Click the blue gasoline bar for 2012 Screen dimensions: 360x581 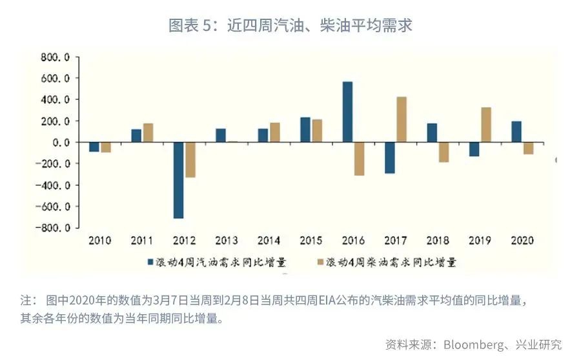click(178, 180)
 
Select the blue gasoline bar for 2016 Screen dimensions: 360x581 click(347, 112)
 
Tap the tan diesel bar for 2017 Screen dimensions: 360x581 click(402, 119)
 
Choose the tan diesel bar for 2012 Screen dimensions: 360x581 click(190, 159)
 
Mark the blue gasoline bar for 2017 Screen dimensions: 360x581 click(389, 157)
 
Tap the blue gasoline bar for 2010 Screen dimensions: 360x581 click(94, 146)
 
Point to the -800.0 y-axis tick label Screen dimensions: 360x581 click(52, 228)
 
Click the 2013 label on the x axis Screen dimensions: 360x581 click(226, 241)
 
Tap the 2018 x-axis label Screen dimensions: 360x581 click(437, 241)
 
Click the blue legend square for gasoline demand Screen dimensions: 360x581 click(150, 262)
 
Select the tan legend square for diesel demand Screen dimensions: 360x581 click(321, 262)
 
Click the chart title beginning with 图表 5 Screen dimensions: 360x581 click(290, 26)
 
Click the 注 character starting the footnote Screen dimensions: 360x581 click(26, 301)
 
